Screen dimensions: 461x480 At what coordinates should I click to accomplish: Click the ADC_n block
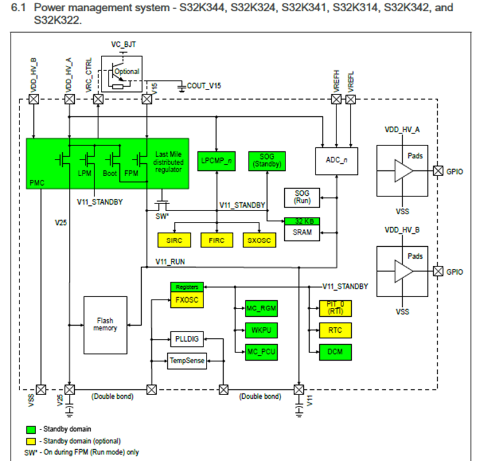pyautogui.click(x=336, y=160)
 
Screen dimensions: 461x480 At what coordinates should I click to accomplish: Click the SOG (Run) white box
pyautogui.click(x=301, y=198)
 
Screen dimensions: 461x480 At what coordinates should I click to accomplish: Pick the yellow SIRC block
pyautogui.click(x=175, y=240)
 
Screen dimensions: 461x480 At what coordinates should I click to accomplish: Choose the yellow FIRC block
pyautogui.click(x=216, y=240)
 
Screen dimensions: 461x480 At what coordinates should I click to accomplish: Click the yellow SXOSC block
pyautogui.click(x=259, y=240)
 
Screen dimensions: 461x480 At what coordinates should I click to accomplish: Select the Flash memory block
pyautogui.click(x=105, y=324)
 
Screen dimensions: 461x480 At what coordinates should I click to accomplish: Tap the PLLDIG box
pyautogui.click(x=187, y=339)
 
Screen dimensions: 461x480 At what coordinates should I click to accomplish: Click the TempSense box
pyautogui.click(x=187, y=360)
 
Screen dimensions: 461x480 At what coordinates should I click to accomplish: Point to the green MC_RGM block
pyautogui.click(x=261, y=309)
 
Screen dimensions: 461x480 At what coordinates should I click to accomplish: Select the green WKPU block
pyautogui.click(x=261, y=330)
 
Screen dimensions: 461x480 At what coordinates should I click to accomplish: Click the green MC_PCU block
pyautogui.click(x=261, y=351)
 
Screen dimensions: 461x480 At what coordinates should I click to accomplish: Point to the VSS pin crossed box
pyautogui.click(x=41, y=389)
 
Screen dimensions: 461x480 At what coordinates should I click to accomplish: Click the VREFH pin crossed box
pyautogui.click(x=336, y=99)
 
